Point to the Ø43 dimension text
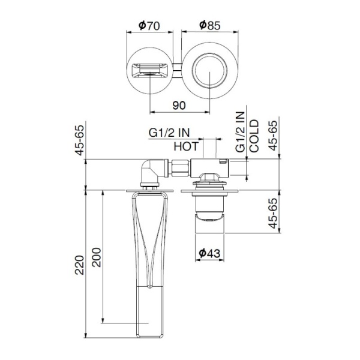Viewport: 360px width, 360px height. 209,254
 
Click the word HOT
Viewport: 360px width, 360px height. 186,146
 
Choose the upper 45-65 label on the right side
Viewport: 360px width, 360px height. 273,137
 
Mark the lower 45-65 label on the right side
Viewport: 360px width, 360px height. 273,213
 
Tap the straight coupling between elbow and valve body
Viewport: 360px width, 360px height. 177,167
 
